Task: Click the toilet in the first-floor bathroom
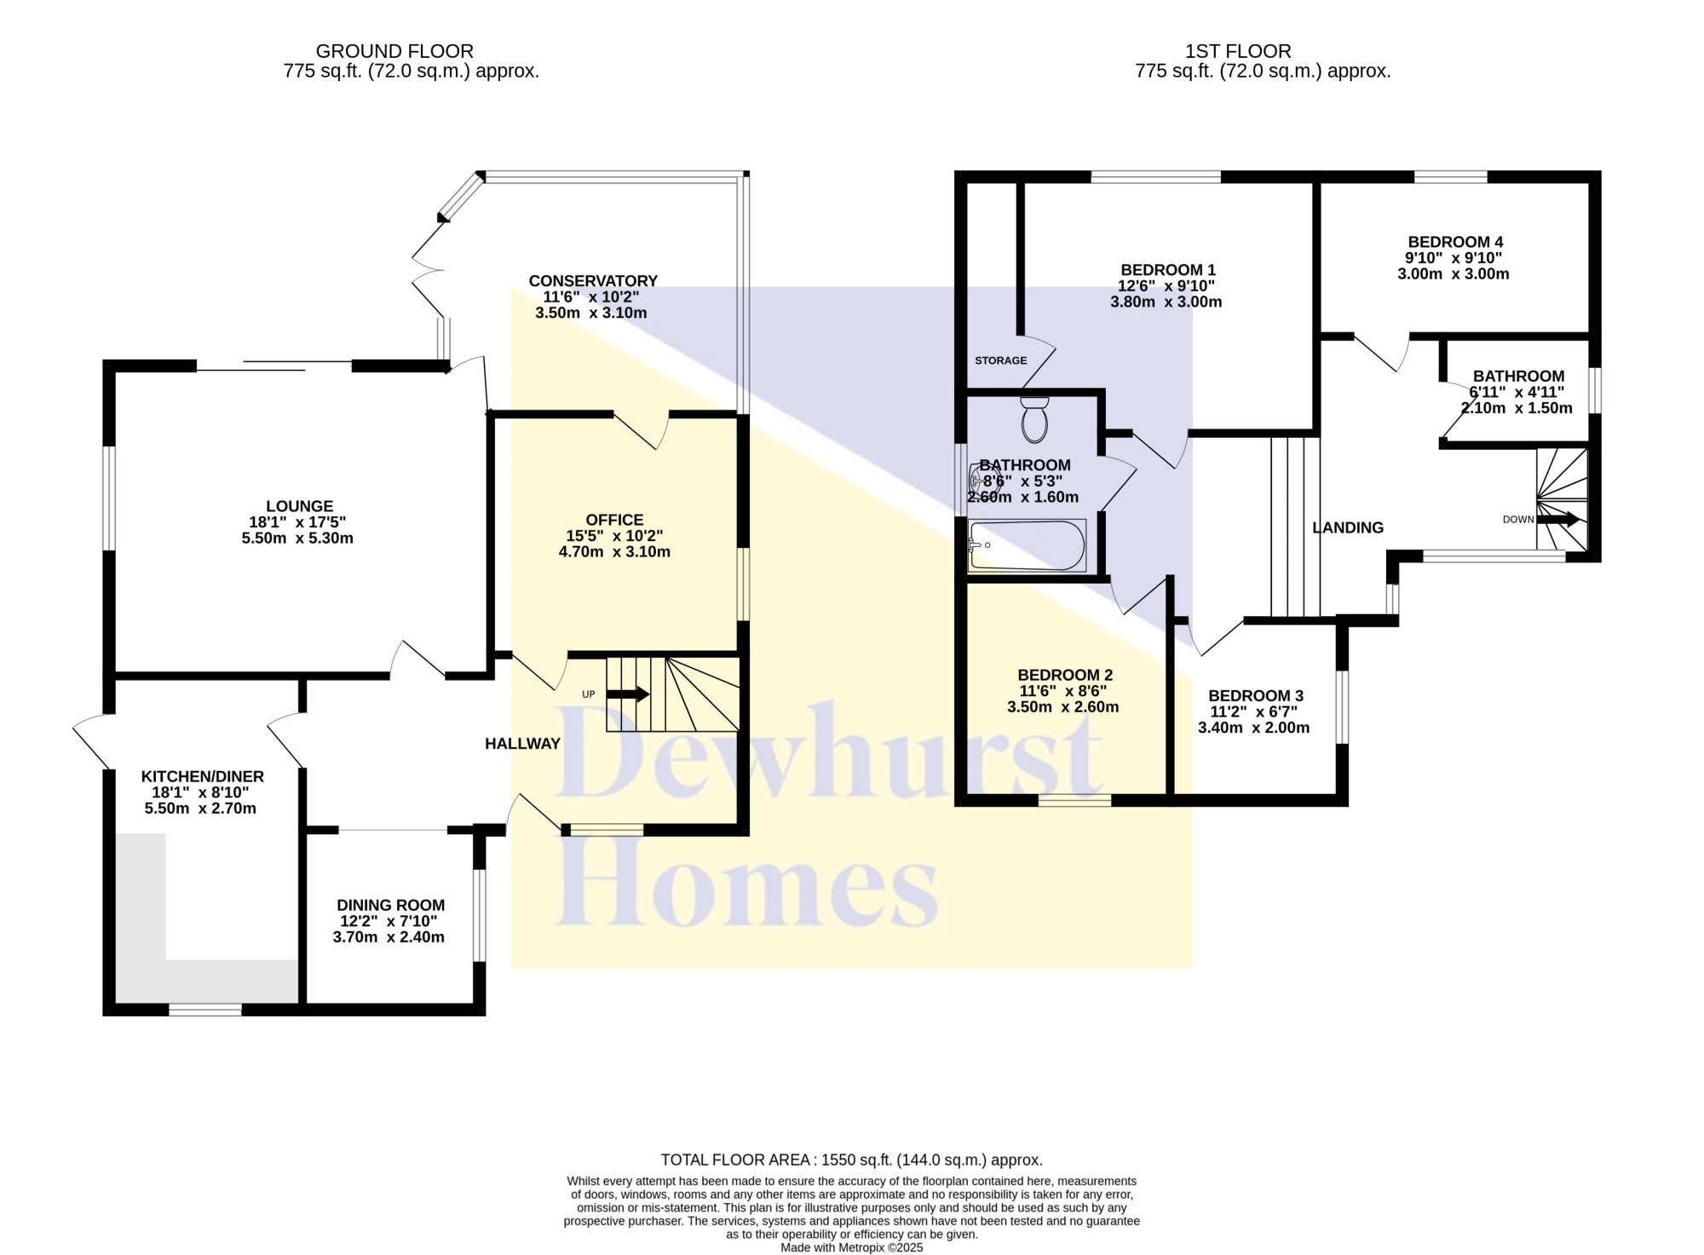click(x=1034, y=418)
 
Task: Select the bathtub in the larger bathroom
click(x=1028, y=545)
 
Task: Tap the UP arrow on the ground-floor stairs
click(x=628, y=694)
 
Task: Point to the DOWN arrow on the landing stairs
click(x=1557, y=519)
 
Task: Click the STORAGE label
click(x=1001, y=360)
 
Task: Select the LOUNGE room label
click(x=299, y=506)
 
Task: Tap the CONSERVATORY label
click(x=593, y=281)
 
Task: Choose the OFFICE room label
click(x=614, y=520)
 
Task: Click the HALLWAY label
click(x=522, y=744)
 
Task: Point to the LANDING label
click(x=1348, y=528)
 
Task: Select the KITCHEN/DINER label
click(x=203, y=776)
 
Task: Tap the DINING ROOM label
click(x=390, y=906)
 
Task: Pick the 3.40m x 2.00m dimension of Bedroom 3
click(x=1254, y=728)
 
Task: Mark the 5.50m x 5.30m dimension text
click(x=297, y=538)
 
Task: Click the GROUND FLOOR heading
click(x=394, y=51)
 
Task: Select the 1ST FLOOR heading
click(x=1238, y=51)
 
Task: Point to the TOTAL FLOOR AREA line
click(x=852, y=1160)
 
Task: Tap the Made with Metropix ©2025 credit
click(x=852, y=1247)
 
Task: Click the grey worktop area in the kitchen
click(x=207, y=980)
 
